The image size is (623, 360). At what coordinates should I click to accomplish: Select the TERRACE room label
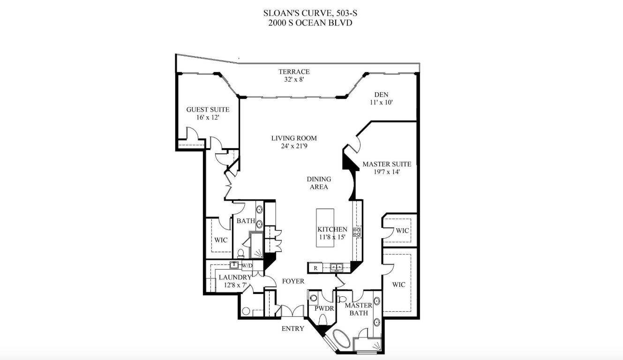(294, 72)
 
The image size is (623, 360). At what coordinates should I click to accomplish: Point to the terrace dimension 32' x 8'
(294, 79)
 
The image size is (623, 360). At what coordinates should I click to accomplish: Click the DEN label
(381, 95)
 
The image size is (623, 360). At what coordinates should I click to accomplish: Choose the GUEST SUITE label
(208, 110)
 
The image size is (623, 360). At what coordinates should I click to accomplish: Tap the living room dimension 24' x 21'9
(294, 146)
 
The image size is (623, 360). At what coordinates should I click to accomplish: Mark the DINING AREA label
(319, 183)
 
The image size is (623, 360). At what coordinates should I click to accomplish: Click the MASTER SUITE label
(387, 164)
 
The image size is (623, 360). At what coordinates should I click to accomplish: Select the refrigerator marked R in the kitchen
(316, 268)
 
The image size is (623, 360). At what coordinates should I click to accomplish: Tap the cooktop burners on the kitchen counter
(357, 232)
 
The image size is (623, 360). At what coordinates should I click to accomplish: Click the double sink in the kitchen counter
(336, 268)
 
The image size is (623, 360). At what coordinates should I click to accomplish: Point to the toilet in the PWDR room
(323, 320)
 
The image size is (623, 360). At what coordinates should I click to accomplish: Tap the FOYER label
(293, 281)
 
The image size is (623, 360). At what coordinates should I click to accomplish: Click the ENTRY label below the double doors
(293, 329)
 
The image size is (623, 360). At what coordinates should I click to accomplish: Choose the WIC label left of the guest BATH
(221, 240)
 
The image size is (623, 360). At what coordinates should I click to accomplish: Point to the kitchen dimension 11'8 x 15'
(332, 237)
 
